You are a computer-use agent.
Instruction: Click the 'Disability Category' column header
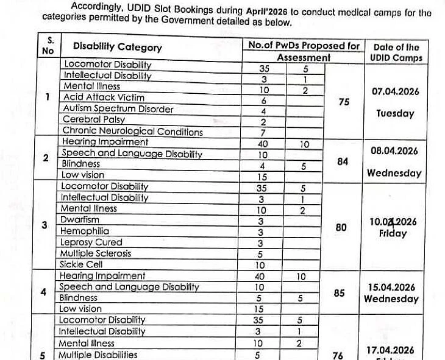(117, 48)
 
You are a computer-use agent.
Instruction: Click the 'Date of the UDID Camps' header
(396, 52)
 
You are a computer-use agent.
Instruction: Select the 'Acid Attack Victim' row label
(104, 97)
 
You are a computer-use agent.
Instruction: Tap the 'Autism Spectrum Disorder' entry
(118, 109)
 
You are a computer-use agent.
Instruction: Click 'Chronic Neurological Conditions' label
(132, 132)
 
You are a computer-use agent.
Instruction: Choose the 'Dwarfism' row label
(79, 219)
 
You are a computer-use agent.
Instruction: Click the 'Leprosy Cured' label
(91, 242)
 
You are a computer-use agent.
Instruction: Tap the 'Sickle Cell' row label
(80, 264)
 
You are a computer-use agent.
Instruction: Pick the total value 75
(344, 102)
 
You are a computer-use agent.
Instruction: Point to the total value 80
(341, 227)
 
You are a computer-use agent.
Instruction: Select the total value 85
(340, 293)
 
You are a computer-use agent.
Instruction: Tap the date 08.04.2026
(395, 151)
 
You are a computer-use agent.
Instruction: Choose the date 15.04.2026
(392, 288)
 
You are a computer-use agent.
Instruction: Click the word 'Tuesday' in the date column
(395, 113)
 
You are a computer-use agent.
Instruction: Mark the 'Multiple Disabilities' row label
(98, 355)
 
